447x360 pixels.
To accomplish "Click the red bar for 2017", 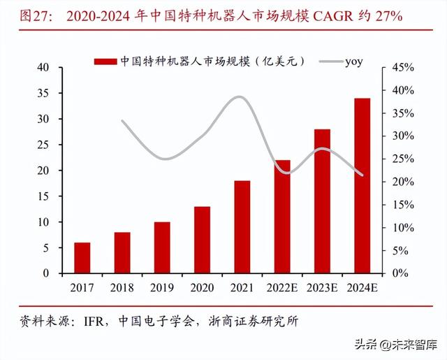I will click(82, 258).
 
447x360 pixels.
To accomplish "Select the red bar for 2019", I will click(162, 247).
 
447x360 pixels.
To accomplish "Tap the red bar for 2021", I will click(242, 226).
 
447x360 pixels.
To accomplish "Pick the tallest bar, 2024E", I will click(362, 186).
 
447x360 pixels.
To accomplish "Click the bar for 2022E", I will click(281, 217).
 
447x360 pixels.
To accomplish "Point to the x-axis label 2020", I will click(202, 287).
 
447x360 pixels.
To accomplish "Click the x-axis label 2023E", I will click(322, 287).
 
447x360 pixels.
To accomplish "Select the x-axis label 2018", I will click(122, 287).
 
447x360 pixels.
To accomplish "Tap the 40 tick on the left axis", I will click(43, 68).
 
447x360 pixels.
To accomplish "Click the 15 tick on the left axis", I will click(43, 196).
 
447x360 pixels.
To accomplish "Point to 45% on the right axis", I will click(402, 68).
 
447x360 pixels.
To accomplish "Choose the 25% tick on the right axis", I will click(402, 159).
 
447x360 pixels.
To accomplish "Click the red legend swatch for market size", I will click(105, 62).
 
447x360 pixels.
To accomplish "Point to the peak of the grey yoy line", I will click(239, 97).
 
